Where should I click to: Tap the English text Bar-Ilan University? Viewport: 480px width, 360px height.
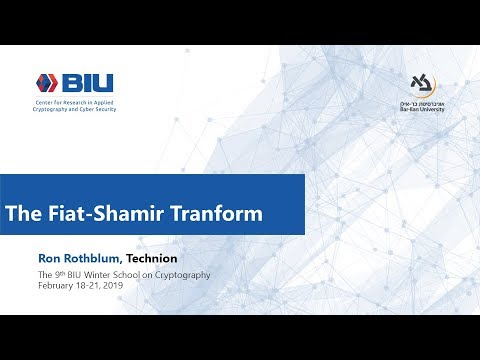tap(425, 109)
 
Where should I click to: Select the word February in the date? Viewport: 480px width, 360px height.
tap(56, 285)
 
